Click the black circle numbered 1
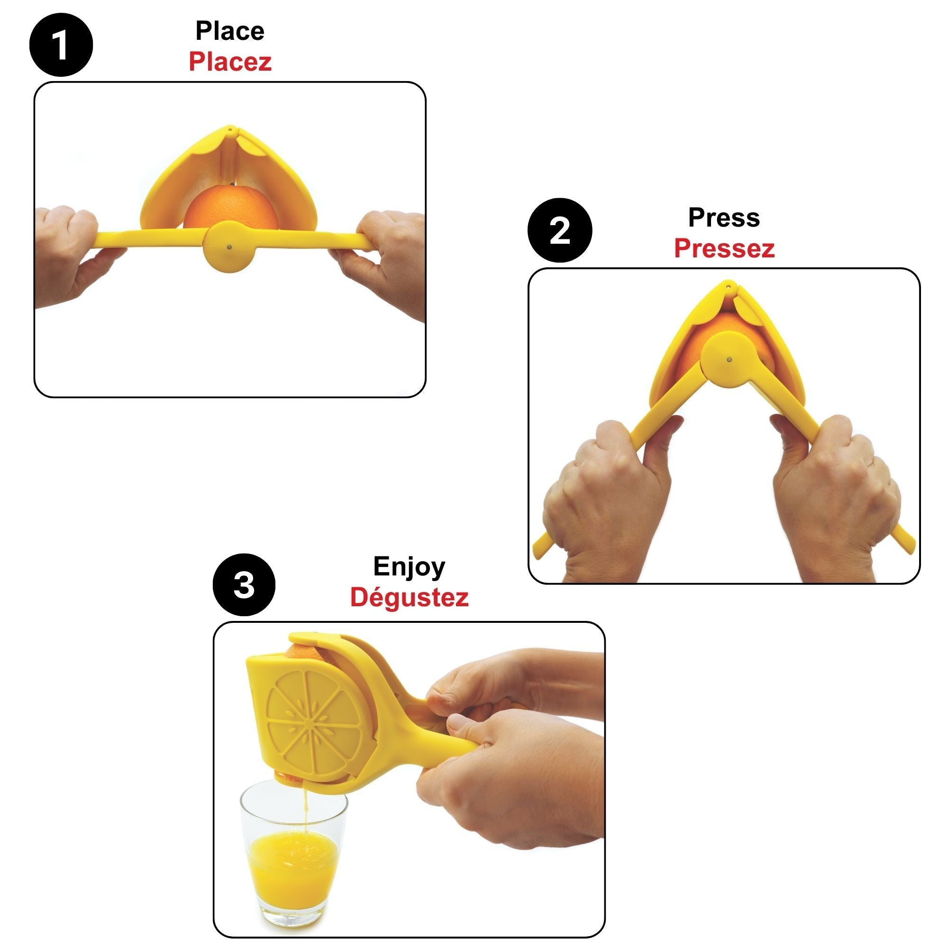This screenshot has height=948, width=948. [x=61, y=45]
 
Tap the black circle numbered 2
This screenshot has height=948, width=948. [x=559, y=230]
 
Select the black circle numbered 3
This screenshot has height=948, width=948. [x=244, y=585]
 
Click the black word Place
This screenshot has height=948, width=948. [x=229, y=31]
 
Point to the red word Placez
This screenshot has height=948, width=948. [x=229, y=62]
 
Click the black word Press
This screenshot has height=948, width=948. [x=724, y=218]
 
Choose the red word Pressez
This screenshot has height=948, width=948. [x=724, y=249]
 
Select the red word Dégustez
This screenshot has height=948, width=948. [x=409, y=598]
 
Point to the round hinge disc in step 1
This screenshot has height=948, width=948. [x=229, y=246]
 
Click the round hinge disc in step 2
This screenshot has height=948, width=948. [x=728, y=360]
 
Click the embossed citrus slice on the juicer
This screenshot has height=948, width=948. [x=314, y=724]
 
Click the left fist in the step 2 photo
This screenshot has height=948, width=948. [x=609, y=496]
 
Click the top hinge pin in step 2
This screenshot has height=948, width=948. [x=728, y=284]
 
